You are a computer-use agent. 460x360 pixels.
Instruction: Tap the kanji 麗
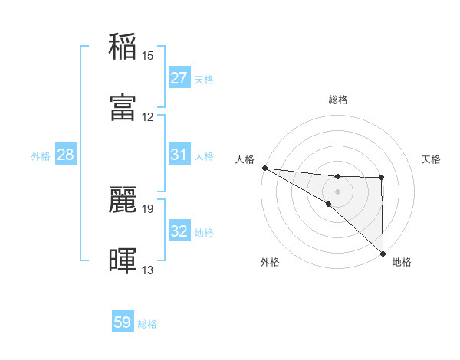click(x=123, y=198)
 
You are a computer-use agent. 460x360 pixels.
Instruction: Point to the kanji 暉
click(x=123, y=260)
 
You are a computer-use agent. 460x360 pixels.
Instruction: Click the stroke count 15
click(x=148, y=55)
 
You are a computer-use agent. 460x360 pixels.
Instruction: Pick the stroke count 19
click(x=148, y=208)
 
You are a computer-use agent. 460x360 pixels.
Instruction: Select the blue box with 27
click(x=179, y=78)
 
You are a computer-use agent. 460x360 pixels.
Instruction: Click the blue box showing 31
click(x=179, y=155)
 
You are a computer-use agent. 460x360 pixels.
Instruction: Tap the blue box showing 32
click(x=179, y=231)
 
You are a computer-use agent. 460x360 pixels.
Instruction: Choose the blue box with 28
click(x=66, y=155)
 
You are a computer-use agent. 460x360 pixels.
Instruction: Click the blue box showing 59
click(x=123, y=322)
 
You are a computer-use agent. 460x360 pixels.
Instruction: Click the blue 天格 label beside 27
click(x=204, y=79)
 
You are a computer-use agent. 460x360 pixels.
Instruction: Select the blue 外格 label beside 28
click(x=41, y=155)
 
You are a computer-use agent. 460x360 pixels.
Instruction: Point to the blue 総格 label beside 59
click(x=147, y=323)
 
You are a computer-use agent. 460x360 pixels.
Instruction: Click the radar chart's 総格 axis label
click(x=338, y=100)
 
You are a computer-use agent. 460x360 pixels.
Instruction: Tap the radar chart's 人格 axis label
click(x=245, y=159)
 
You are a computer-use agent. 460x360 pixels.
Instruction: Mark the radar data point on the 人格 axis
click(x=264, y=168)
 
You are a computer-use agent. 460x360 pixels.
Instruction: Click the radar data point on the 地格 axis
click(x=382, y=253)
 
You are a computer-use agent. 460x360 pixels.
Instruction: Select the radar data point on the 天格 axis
click(x=382, y=178)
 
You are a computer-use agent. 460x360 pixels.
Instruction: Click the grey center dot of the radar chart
click(x=338, y=191)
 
